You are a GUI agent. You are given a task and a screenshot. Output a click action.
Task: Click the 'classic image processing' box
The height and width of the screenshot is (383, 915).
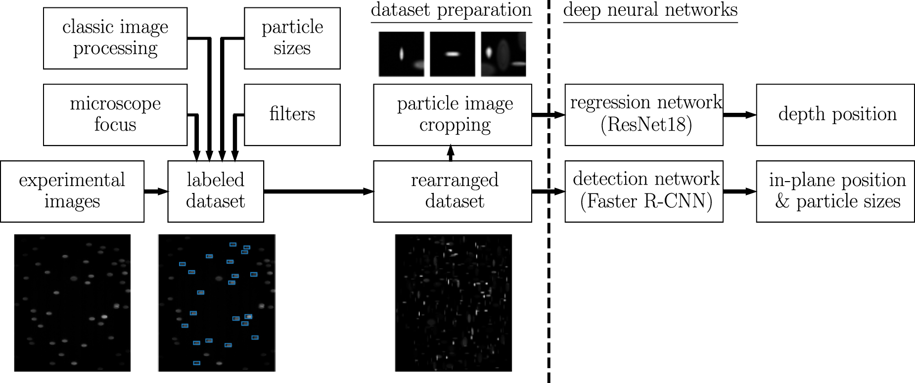pos(115,38)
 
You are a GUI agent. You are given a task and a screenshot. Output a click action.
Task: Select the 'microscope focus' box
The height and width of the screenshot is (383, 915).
pos(115,114)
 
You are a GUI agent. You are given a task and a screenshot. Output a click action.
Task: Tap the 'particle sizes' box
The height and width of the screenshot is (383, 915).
pos(292,38)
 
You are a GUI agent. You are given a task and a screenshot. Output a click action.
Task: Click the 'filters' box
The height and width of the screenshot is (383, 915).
pos(292,114)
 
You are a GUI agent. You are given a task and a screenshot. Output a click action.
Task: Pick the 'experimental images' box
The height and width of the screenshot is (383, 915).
pos(72,191)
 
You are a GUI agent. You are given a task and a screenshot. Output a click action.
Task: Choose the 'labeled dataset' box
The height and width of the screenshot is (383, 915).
pos(216,191)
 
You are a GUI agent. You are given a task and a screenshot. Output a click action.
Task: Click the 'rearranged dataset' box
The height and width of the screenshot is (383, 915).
pos(452,191)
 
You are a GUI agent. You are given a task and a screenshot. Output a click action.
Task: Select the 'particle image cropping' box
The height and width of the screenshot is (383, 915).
pos(452,114)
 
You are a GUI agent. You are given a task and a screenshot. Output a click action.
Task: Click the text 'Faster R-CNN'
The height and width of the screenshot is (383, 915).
pos(646,201)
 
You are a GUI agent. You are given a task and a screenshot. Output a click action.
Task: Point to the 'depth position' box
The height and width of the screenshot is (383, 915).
pos(835,114)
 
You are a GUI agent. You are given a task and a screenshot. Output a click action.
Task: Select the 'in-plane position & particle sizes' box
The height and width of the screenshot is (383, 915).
pos(835,191)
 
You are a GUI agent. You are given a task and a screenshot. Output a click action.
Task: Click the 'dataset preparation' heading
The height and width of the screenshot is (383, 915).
pos(451,10)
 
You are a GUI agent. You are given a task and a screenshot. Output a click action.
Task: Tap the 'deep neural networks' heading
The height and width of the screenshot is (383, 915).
pos(650,10)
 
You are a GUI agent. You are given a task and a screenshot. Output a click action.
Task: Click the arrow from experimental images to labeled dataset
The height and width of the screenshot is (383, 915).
pos(156,191)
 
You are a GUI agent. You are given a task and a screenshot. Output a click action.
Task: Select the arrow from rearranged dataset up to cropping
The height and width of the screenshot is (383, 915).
pos(450,153)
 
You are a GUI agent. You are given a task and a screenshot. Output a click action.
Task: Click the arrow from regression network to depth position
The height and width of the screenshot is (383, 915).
pos(739,115)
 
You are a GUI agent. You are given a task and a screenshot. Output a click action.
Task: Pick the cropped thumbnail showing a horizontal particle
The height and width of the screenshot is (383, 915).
pos(452,54)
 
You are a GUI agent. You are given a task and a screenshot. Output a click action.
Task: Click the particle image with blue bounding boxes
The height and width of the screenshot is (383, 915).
pos(217,302)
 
